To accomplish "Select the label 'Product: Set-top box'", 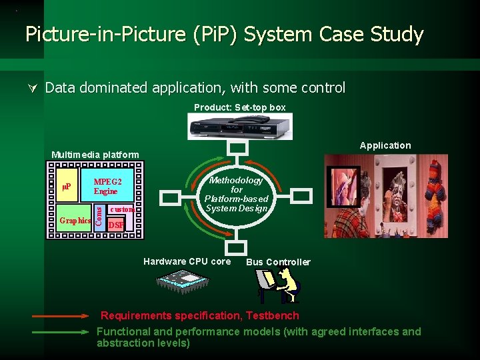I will [239, 107].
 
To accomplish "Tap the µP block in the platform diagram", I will [67, 186].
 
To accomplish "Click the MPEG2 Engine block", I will [106, 186].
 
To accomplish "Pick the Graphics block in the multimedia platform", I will [75, 220].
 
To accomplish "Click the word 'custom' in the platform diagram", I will [123, 209].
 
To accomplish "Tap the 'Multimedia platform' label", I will [95, 155].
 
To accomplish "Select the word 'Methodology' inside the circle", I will [237, 180].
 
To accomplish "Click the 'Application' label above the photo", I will [385, 145].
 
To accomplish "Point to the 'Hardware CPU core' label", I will [187, 261].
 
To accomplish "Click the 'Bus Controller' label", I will [278, 262].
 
